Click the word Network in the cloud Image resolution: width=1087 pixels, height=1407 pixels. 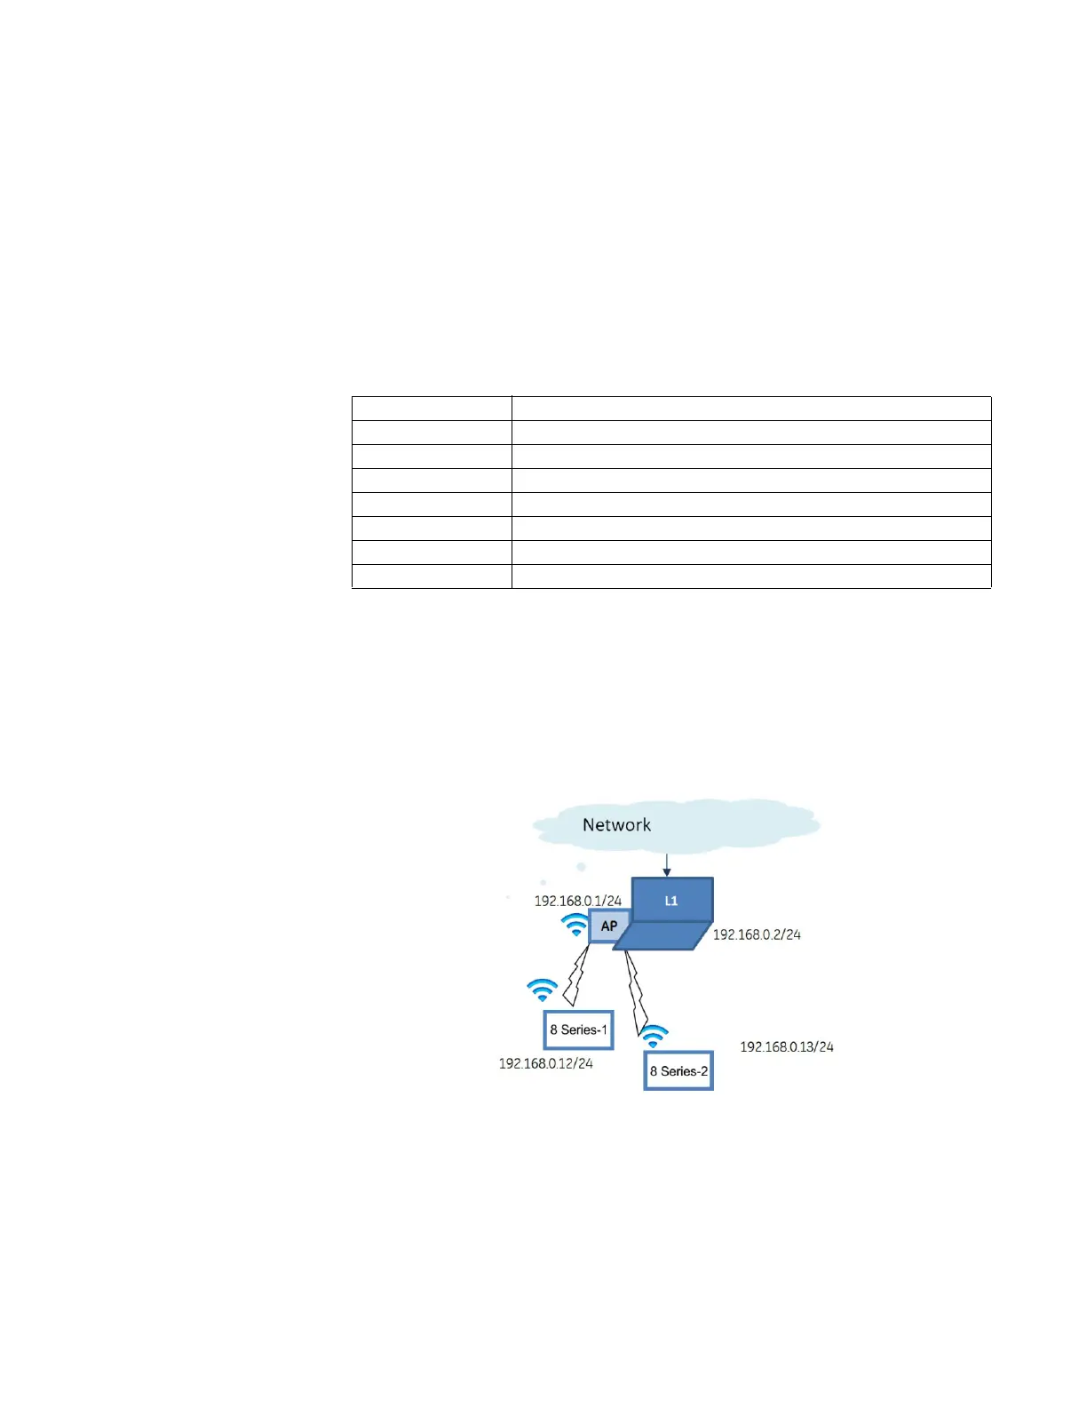coord(616,825)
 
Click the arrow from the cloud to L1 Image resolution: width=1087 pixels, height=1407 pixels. coord(667,864)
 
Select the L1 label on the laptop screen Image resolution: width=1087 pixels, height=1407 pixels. coord(671,901)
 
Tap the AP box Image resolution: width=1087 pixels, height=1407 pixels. coord(609,926)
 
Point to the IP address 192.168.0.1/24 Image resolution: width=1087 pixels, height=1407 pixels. coord(577,901)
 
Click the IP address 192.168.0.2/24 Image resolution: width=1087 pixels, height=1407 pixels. coord(757,934)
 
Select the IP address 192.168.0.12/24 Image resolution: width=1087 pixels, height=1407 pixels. coord(545,1063)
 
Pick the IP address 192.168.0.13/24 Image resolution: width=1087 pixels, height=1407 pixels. coord(787,1047)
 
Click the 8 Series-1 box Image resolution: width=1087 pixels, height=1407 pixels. coord(578,1030)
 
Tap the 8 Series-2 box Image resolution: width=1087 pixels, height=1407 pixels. coord(678,1071)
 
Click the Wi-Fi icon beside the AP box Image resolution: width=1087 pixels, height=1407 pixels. coord(575,926)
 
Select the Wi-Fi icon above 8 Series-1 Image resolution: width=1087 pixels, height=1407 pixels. coord(542,990)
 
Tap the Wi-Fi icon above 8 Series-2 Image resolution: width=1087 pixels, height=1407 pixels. coord(654,1037)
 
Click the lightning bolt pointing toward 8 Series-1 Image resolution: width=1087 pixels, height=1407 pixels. coord(576,977)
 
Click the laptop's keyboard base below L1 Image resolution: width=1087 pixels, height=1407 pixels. coord(662,936)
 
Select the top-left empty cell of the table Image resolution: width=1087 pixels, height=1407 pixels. coord(432,409)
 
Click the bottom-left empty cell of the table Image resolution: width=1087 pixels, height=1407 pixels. coord(432,576)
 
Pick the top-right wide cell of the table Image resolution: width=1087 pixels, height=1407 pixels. coord(751,409)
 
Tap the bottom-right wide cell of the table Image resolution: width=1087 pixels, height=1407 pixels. coord(751,576)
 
